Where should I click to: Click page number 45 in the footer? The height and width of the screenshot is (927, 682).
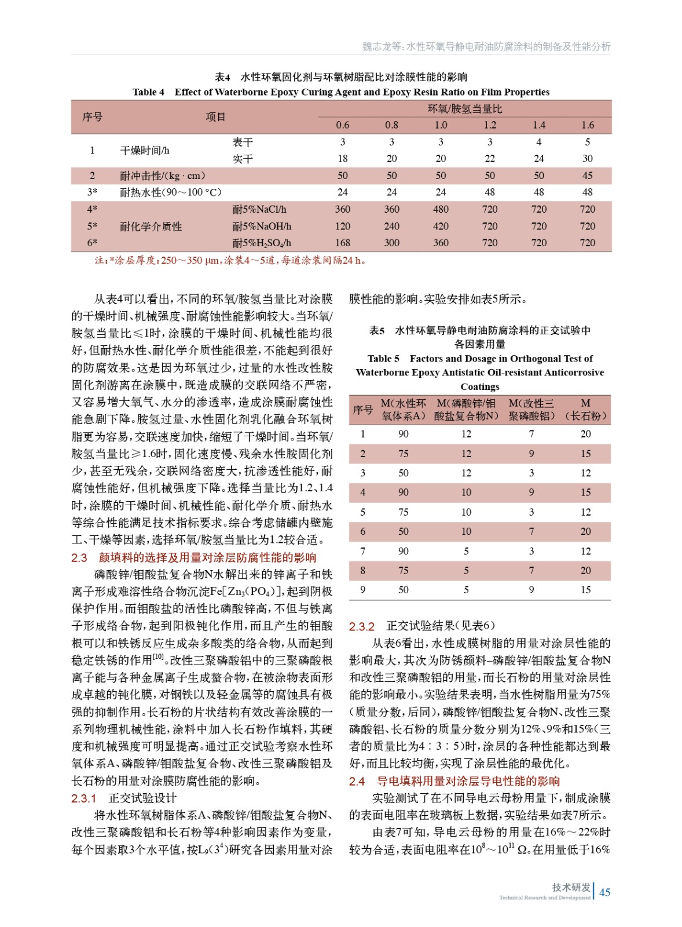point(604,892)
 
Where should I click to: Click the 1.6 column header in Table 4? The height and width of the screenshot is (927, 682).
point(587,125)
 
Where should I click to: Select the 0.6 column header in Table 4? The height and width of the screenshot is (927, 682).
point(342,125)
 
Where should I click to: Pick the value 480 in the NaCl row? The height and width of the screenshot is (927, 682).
point(441,209)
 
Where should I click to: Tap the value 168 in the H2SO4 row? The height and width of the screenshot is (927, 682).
point(342,243)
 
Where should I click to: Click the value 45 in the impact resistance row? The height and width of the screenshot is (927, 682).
point(587,176)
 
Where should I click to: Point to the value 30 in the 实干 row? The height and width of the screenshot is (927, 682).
point(587,159)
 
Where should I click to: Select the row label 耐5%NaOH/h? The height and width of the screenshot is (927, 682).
point(262,227)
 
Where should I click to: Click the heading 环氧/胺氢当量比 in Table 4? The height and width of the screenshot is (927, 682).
point(464,109)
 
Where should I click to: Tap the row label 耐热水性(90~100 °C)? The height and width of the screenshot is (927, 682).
point(170,192)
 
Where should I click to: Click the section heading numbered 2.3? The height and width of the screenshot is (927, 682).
point(194,557)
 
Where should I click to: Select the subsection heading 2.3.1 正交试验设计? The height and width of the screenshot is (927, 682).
point(124,798)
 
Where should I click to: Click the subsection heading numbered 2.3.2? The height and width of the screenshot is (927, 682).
point(421,626)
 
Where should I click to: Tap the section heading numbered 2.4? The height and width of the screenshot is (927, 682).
point(454,781)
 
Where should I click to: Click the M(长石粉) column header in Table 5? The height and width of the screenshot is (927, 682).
point(585,410)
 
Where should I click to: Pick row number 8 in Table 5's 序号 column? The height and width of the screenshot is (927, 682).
point(363,571)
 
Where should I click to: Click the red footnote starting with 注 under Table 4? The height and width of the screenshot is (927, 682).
point(230,261)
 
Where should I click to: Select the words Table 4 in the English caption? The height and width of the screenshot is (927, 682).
point(148,92)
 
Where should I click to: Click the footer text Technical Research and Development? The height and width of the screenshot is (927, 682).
point(545,898)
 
